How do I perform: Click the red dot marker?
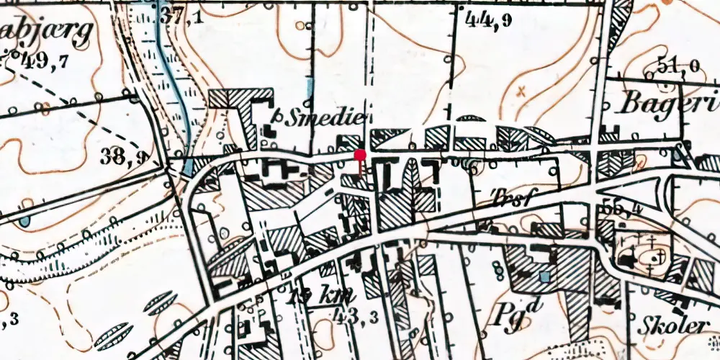360,154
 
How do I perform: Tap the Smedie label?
324,119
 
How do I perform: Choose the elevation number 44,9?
489,21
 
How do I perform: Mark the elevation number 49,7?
43,60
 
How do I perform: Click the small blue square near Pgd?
545,276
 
